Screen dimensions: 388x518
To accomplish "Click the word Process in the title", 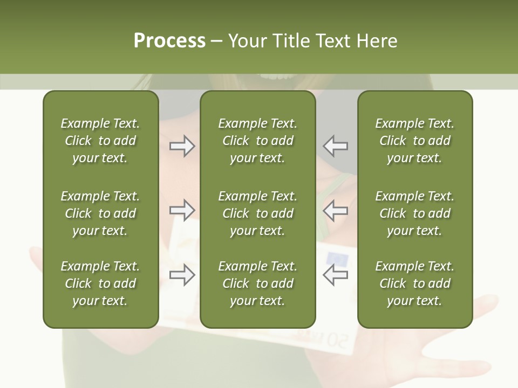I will tap(169, 40).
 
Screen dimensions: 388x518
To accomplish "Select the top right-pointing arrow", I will tap(182, 145).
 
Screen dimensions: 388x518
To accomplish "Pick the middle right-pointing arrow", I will tap(182, 210).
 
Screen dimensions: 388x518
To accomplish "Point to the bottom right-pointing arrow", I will tap(182, 275).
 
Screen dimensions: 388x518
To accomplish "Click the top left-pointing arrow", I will tap(335, 145).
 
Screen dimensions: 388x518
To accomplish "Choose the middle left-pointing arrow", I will tap(335, 210).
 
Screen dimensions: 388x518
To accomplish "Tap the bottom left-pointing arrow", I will tap(335, 275).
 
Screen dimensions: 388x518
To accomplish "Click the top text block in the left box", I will tap(100, 141).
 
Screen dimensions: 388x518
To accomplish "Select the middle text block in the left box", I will tap(100, 213).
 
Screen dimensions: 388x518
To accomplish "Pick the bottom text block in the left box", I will tap(100, 283).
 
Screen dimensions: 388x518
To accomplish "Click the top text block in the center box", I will tap(258, 141).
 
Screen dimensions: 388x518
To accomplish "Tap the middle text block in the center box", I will tap(258, 213).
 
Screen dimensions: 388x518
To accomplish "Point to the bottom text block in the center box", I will tap(258, 283).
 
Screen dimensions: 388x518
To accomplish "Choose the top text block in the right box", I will tap(415, 141).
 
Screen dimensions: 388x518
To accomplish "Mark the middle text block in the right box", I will tap(415, 213).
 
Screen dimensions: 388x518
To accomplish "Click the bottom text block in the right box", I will tap(415, 283).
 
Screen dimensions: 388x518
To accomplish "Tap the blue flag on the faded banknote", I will tap(337, 258).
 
